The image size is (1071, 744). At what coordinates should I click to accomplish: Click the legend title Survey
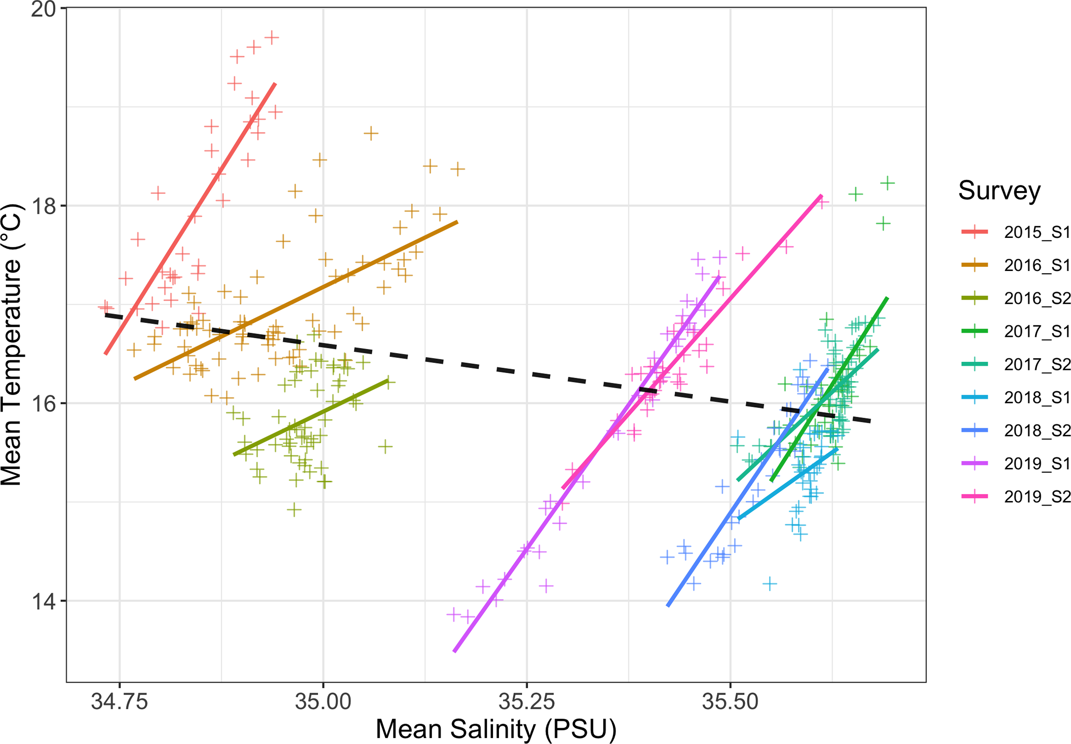(x=999, y=190)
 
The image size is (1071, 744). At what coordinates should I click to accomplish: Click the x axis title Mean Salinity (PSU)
(x=496, y=729)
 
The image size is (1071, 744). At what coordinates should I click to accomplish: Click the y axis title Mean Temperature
(x=11, y=345)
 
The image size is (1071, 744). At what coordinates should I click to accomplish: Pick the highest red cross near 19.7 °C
(x=272, y=37)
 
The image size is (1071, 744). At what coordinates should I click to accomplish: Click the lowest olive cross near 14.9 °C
(x=294, y=509)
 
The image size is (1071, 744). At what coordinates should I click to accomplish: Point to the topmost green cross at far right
(x=887, y=183)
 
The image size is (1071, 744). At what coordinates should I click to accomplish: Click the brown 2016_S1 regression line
(x=296, y=300)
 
